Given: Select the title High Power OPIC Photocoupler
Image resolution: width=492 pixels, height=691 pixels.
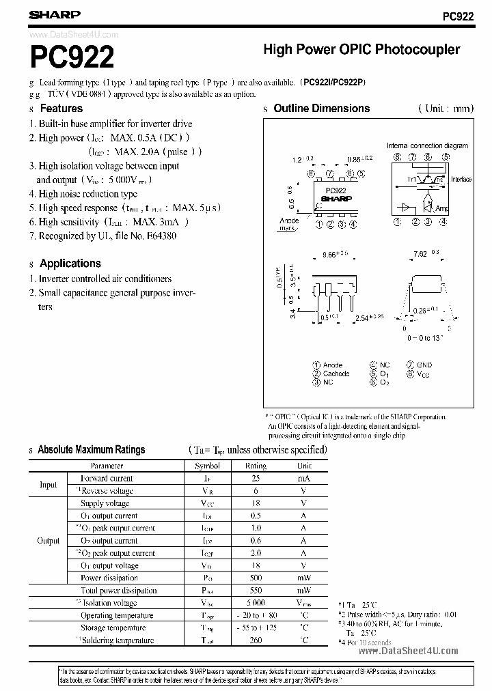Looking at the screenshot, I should coord(361,50).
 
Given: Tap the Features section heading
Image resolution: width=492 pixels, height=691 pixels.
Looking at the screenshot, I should coord(61,109).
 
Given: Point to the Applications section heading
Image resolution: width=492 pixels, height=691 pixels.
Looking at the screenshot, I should coord(70,264).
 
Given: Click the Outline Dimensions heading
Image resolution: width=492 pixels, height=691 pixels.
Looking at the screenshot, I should coord(321,109).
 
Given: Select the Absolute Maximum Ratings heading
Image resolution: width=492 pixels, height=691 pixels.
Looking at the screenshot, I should coord(91,450).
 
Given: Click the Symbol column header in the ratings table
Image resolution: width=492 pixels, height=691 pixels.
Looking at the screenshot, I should coord(207,466).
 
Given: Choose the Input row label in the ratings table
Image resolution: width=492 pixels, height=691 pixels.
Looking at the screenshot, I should coord(48,485).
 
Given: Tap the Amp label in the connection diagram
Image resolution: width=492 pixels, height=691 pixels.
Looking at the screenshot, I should coord(443,207).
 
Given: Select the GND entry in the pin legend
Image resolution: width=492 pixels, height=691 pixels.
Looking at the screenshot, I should coord(424,365).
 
